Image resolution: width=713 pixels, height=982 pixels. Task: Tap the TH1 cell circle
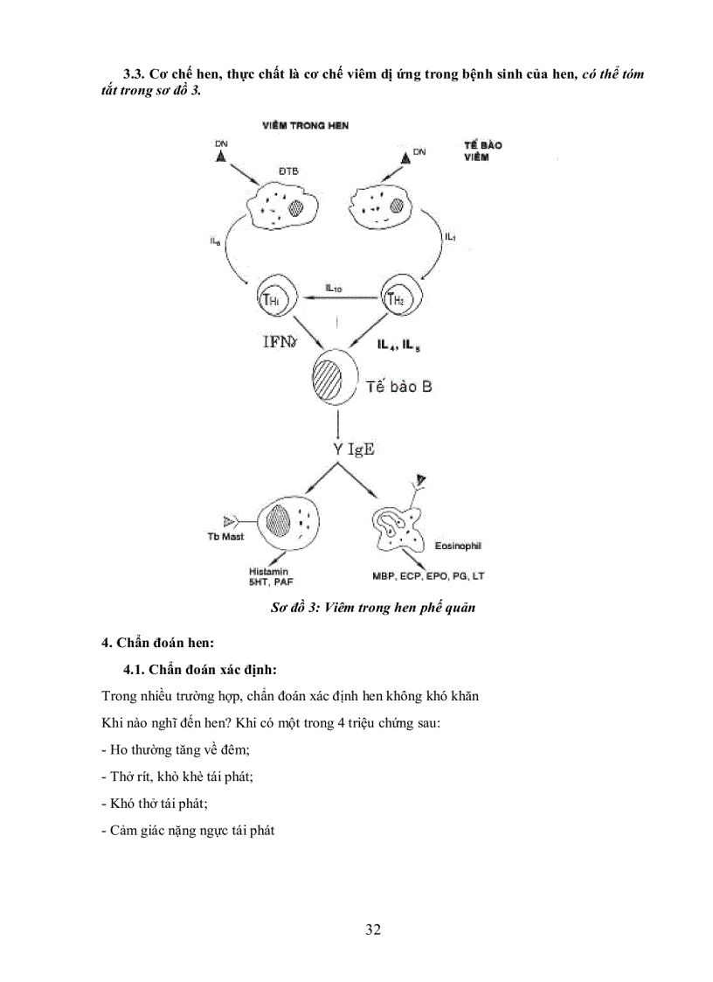[x=271, y=301]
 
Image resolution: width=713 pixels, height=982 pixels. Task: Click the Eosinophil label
[x=458, y=546]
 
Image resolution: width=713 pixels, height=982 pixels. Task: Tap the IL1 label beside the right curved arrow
[x=450, y=237]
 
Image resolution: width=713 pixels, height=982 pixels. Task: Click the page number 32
[x=373, y=929]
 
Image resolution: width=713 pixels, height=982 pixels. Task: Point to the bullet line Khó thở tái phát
[x=155, y=803]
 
